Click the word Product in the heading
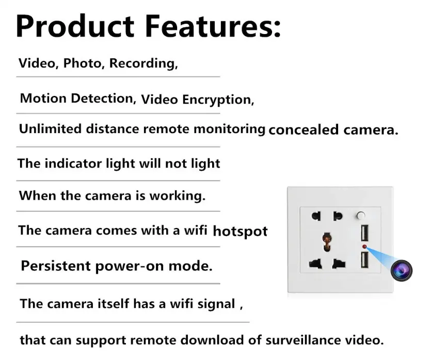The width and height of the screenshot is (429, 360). [75, 26]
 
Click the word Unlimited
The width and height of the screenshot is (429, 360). [50, 128]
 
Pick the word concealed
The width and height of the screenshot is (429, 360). [304, 129]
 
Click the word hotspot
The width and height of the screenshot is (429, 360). [240, 231]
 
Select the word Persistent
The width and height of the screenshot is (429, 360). [56, 266]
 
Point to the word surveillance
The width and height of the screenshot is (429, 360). [303, 340]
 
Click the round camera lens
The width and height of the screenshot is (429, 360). [401, 271]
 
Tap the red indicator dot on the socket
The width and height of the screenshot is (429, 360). [364, 247]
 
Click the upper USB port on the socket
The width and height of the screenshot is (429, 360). [364, 233]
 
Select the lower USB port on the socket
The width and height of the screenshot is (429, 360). [364, 259]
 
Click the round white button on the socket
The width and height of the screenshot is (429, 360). [361, 216]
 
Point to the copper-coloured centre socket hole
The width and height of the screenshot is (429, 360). [326, 242]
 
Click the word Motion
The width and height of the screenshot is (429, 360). [43, 99]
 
